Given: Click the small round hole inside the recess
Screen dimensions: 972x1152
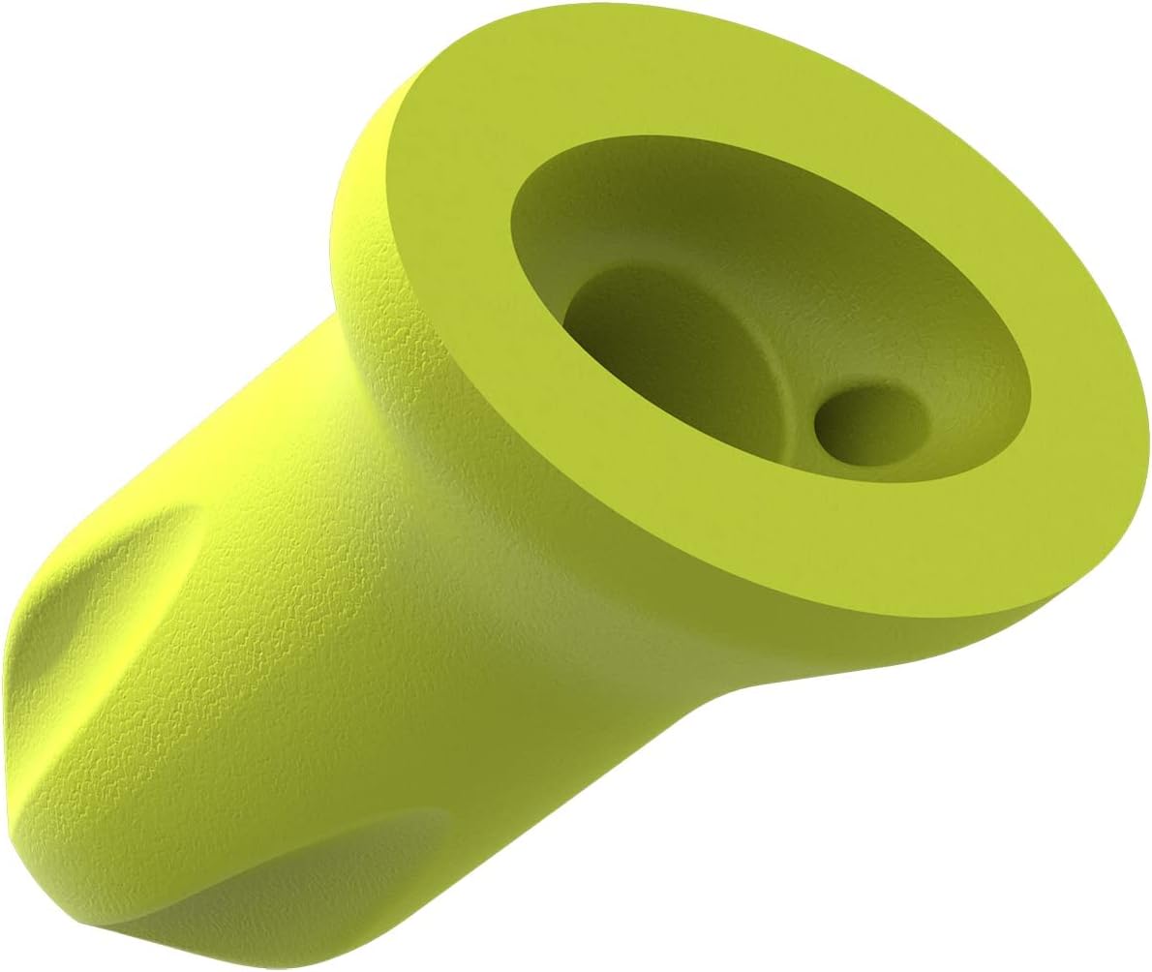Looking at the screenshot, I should click(869, 426).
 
